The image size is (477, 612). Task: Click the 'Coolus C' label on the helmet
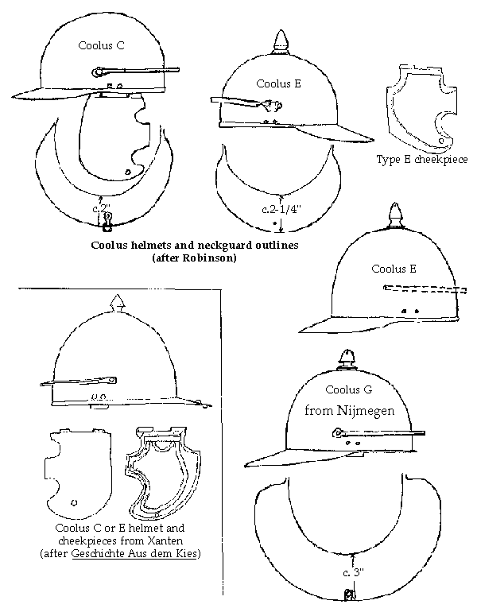tap(101, 45)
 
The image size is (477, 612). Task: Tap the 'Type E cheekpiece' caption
tap(422, 159)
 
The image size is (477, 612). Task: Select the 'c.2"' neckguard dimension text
tap(102, 208)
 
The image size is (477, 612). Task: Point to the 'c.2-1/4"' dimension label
tap(281, 210)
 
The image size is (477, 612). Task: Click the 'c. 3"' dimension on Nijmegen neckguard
tap(353, 572)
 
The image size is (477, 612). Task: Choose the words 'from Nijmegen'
tap(349, 410)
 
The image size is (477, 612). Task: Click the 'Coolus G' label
tap(348, 389)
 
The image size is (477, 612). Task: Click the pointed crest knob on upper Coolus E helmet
tap(280, 41)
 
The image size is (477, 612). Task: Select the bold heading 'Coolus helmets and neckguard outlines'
tap(195, 245)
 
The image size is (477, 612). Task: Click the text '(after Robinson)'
tap(195, 258)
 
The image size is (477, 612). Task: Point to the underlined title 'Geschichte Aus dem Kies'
tap(134, 553)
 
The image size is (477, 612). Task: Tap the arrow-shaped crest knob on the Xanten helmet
tap(118, 304)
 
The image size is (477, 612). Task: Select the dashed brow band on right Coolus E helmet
tap(425, 289)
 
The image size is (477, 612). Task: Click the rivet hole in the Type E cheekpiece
tap(441, 141)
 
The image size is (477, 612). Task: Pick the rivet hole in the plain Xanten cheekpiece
tap(75, 502)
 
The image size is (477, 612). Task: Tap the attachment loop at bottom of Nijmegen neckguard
tap(348, 595)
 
